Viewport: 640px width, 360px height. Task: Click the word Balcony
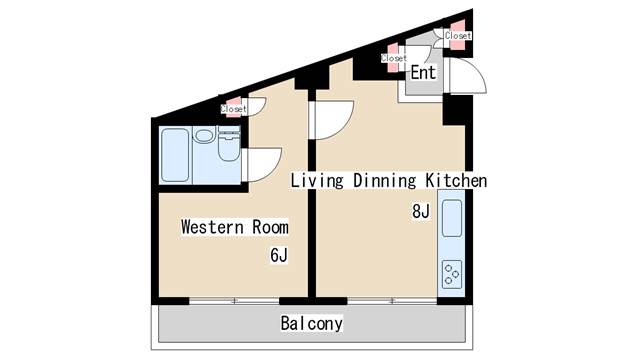click(311, 324)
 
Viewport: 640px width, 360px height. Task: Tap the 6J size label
click(278, 256)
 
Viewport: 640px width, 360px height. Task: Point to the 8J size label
click(420, 212)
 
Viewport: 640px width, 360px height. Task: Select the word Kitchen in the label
click(457, 181)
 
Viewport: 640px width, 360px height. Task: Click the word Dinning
click(385, 181)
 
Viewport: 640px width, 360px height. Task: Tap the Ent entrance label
click(423, 73)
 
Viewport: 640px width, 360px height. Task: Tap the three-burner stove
click(451, 272)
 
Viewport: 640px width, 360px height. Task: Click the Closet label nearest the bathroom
click(234, 108)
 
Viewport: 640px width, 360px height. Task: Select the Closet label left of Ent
click(393, 58)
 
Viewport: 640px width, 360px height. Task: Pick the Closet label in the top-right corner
click(457, 36)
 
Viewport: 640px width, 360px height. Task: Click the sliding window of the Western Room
click(234, 300)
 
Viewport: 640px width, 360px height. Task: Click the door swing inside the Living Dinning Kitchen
click(332, 120)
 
